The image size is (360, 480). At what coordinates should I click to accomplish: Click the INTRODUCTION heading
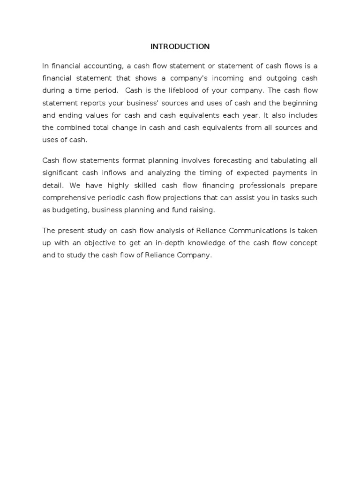(180, 46)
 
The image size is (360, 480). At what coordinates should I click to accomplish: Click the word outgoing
(278, 78)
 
